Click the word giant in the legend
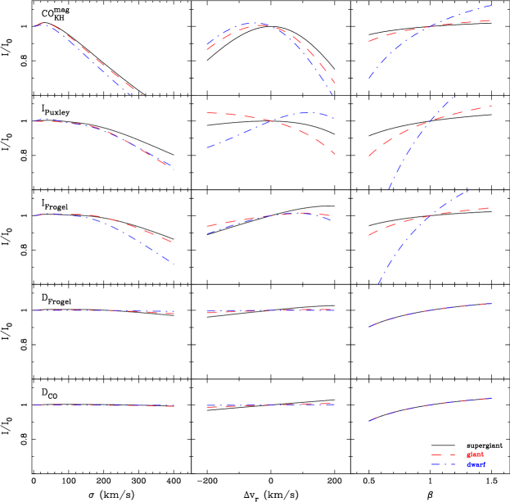(475, 454)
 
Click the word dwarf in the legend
(476, 464)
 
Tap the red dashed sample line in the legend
(443, 454)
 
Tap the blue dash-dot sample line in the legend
(443, 464)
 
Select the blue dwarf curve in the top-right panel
(385, 58)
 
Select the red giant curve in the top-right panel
(385, 36)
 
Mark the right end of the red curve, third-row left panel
(172, 242)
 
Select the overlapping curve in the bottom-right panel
(426, 405)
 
